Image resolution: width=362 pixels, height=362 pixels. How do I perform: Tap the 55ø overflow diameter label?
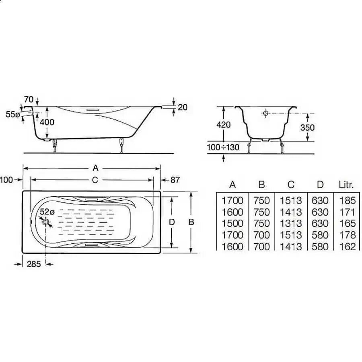click(x=13, y=115)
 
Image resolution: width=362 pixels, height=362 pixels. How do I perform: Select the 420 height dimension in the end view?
click(x=223, y=124)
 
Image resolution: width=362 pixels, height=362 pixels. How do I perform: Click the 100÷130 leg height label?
click(x=223, y=147)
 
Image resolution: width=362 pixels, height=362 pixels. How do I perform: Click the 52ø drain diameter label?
click(x=47, y=212)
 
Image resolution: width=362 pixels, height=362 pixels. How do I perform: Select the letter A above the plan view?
click(x=95, y=167)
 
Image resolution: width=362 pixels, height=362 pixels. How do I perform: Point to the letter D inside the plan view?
click(x=172, y=222)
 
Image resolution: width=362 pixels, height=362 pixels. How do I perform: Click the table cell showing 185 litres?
click(x=347, y=200)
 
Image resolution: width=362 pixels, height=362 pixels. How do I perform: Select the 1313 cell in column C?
click(x=291, y=223)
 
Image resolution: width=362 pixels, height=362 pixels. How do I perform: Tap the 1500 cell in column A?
click(x=232, y=223)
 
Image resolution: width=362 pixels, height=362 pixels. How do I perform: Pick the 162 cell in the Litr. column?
click(x=347, y=246)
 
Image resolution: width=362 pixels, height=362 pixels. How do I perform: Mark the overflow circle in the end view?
click(x=265, y=113)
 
